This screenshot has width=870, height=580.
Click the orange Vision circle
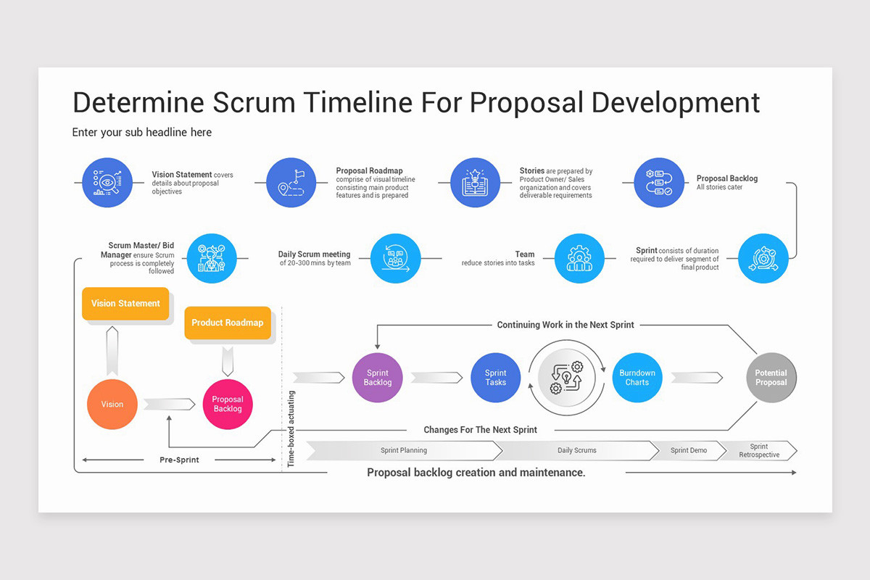[112, 404]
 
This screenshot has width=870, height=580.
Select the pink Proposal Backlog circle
[228, 404]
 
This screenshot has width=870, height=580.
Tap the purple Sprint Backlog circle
[377, 378]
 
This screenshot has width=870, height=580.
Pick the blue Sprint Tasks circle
[496, 378]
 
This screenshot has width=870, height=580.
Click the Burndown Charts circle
[637, 378]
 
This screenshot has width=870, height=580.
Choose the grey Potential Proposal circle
[771, 378]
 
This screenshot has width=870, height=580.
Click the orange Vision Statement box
[125, 303]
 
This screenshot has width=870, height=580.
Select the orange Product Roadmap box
[227, 323]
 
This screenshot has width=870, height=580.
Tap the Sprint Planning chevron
[404, 450]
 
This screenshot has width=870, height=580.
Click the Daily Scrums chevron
[576, 450]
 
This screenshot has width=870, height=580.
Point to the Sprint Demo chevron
[688, 450]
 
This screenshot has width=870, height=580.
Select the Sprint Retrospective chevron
[758, 450]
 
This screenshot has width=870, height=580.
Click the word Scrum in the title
[253, 102]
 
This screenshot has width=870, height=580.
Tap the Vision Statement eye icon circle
[107, 183]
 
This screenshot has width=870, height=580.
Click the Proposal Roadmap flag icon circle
[291, 183]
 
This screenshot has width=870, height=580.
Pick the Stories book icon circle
[475, 183]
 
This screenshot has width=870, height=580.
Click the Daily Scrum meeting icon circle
[395, 258]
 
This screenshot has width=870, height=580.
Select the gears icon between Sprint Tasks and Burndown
[566, 378]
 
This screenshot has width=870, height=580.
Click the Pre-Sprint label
[179, 460]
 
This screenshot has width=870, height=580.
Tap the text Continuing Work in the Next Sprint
[565, 325]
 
